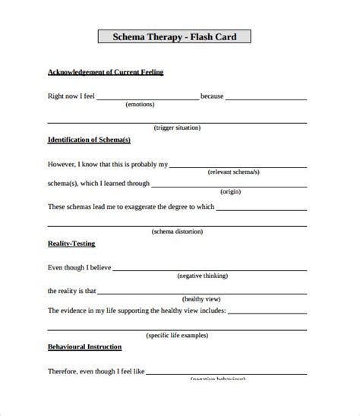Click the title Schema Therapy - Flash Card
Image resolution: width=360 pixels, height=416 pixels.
click(x=174, y=37)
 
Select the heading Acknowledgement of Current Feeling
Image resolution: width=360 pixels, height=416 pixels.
click(x=106, y=72)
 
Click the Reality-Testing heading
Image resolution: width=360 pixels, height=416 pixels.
click(x=71, y=244)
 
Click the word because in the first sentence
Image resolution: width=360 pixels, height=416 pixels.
click(x=212, y=96)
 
